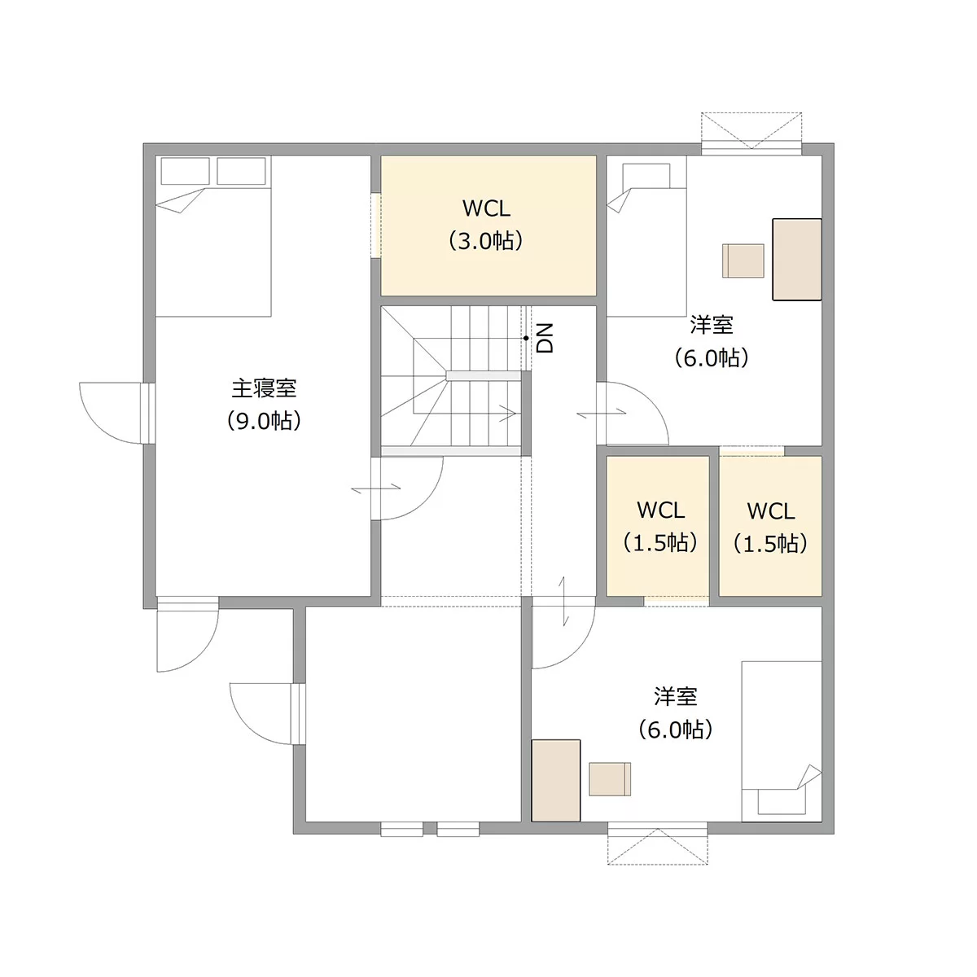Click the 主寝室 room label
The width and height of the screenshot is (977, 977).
264,388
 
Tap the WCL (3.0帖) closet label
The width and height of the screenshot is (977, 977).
486,225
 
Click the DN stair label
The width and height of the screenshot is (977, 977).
545,338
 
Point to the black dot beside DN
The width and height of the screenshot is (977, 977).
526,338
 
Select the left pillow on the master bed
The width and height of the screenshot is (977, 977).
185,171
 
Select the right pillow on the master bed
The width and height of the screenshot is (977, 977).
241,171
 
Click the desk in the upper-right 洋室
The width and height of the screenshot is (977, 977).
796,260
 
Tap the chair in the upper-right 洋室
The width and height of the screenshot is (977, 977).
743,261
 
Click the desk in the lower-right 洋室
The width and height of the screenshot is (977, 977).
556,780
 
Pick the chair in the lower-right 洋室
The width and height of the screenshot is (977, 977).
610,779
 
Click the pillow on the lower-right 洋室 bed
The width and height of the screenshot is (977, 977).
782,801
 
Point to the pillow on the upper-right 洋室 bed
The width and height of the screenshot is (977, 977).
646,176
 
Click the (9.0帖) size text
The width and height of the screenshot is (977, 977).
264,421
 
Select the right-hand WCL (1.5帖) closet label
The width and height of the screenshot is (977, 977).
770,528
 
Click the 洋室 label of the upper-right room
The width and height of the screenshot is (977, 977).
712,325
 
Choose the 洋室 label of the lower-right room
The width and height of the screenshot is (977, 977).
675,697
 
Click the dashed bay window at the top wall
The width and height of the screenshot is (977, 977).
751,131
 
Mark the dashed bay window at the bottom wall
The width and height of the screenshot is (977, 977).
658,846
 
